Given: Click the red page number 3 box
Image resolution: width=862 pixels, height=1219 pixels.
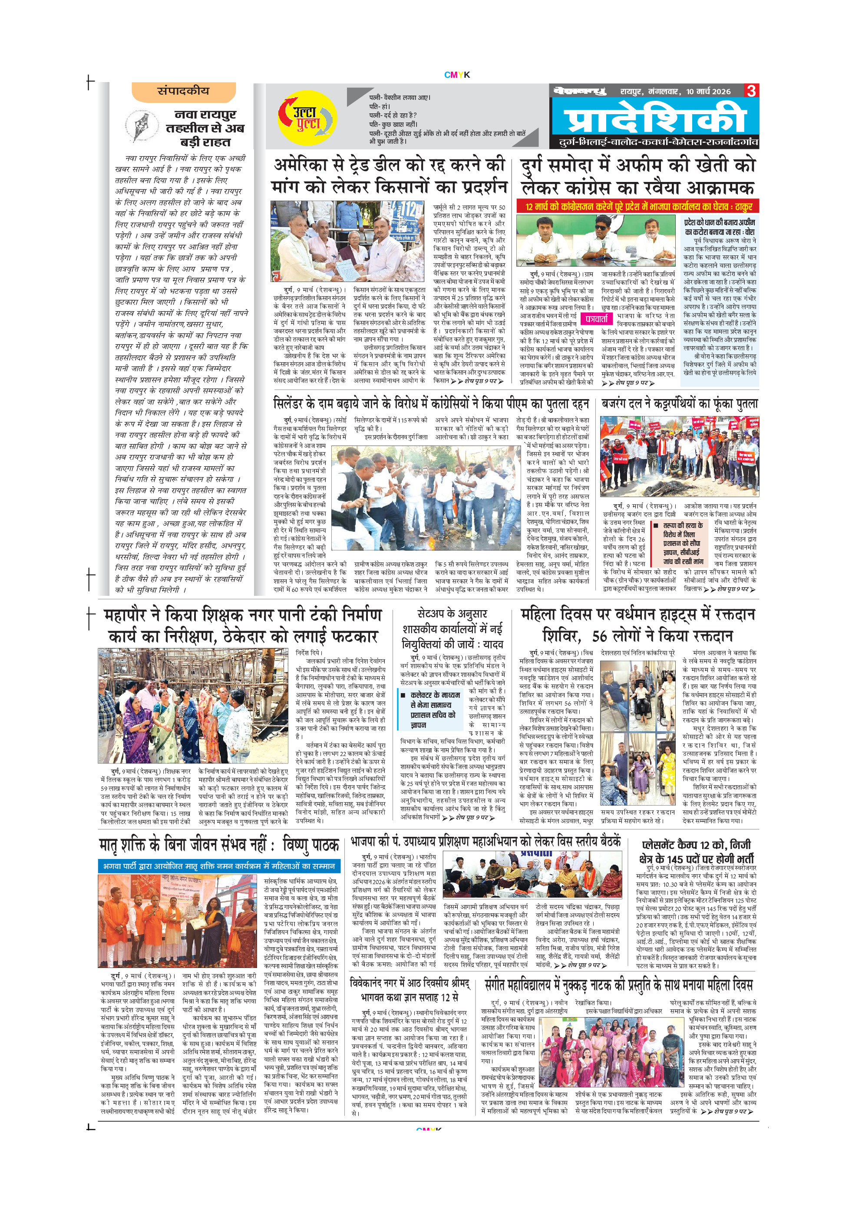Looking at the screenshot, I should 751,91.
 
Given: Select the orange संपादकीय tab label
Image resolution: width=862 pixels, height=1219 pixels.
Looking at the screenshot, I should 183,91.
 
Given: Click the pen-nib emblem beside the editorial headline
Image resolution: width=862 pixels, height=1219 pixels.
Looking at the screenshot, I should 142,126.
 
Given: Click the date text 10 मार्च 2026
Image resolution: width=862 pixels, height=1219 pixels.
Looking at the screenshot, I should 708,91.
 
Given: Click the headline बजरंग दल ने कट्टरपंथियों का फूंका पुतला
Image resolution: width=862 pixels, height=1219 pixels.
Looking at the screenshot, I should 680,403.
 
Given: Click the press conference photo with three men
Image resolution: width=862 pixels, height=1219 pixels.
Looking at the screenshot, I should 598,241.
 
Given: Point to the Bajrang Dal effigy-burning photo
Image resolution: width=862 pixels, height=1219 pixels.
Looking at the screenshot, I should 679,456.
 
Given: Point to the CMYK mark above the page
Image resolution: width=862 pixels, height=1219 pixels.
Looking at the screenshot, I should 456,75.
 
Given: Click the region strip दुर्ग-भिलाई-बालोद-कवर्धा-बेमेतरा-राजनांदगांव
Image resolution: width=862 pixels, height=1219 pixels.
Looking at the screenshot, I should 658,142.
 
